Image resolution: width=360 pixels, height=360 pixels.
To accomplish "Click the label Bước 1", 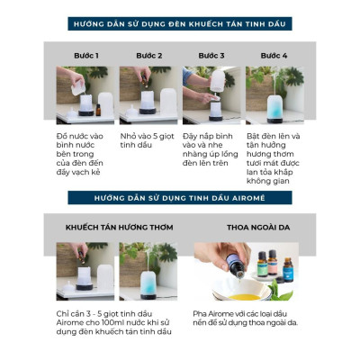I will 85,55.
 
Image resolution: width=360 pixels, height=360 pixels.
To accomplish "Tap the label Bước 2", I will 148,55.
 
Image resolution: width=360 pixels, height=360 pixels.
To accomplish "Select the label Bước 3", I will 211,55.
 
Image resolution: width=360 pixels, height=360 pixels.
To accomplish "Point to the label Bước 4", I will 274,55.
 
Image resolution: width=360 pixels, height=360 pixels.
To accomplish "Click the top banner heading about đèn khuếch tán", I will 179,27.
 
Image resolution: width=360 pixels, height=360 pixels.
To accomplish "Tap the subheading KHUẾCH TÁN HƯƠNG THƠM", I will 112,227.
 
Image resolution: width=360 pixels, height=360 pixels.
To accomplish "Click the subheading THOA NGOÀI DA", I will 255,227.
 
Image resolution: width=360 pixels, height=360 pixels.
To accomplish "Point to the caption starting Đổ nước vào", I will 82,152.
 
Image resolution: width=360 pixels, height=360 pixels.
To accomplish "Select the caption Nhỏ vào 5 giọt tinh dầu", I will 145,141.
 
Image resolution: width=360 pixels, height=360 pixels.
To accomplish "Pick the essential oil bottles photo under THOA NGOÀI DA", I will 255,272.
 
